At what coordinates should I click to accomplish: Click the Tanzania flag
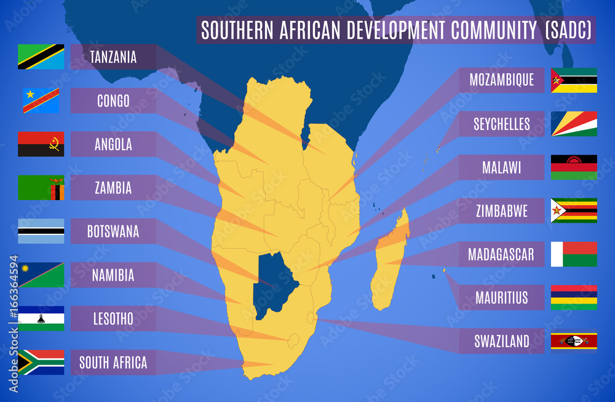41,57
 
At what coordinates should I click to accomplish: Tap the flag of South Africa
41,363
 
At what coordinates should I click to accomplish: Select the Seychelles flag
574,124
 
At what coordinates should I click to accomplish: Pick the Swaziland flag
574,341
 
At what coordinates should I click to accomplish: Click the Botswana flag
41,231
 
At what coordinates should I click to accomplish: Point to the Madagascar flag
574,254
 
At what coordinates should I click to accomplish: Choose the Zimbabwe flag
574,211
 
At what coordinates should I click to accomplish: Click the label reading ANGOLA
113,145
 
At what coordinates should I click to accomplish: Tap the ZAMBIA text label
113,188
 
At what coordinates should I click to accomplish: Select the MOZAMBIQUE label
501,80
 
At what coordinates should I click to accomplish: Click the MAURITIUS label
501,298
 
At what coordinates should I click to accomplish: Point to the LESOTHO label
113,319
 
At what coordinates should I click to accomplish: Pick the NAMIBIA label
113,275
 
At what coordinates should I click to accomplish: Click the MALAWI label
501,167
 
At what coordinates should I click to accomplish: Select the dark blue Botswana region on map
274,283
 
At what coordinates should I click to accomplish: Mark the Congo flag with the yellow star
41,100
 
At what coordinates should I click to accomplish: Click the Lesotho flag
41,319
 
